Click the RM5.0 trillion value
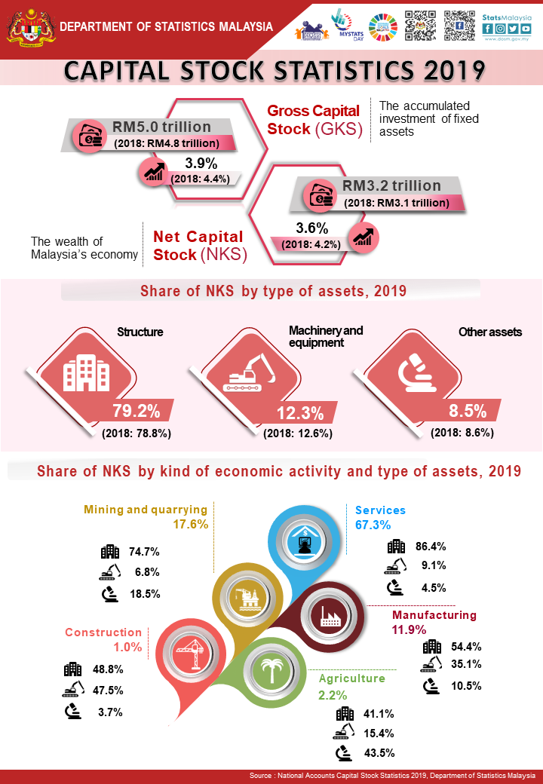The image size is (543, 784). (161, 127)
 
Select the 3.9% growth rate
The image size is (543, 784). (201, 163)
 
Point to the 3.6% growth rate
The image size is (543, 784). (311, 228)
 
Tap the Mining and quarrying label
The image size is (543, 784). (146, 509)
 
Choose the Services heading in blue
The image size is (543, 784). (380, 510)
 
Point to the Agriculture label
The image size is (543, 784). (352, 678)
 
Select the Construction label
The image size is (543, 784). (103, 632)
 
